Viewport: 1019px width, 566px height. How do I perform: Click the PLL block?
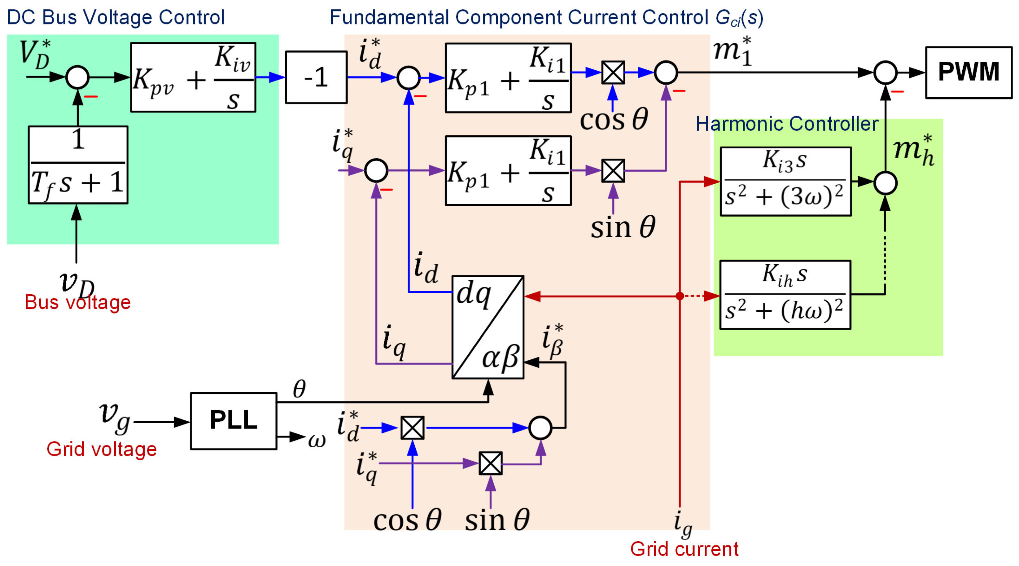point(234,420)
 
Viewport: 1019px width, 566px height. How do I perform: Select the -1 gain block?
point(316,77)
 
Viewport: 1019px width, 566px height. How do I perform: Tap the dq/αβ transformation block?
point(488,327)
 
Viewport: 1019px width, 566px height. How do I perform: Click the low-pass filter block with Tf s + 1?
point(78,165)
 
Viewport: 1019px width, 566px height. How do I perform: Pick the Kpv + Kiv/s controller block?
point(193,77)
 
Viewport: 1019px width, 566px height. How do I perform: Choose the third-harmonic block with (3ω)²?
point(785,182)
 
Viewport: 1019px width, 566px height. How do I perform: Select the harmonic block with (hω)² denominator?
point(785,295)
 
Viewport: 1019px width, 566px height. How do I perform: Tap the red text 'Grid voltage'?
point(101,449)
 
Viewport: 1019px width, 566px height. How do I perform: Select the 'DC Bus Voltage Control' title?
point(116,17)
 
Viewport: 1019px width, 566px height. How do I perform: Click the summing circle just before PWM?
point(885,73)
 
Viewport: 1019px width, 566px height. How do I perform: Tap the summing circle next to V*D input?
point(77,77)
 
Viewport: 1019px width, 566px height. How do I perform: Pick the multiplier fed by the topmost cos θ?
point(613,73)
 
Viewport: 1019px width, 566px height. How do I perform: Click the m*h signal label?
point(914,151)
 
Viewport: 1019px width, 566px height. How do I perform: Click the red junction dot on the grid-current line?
point(680,296)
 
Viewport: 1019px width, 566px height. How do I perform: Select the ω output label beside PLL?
point(317,440)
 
